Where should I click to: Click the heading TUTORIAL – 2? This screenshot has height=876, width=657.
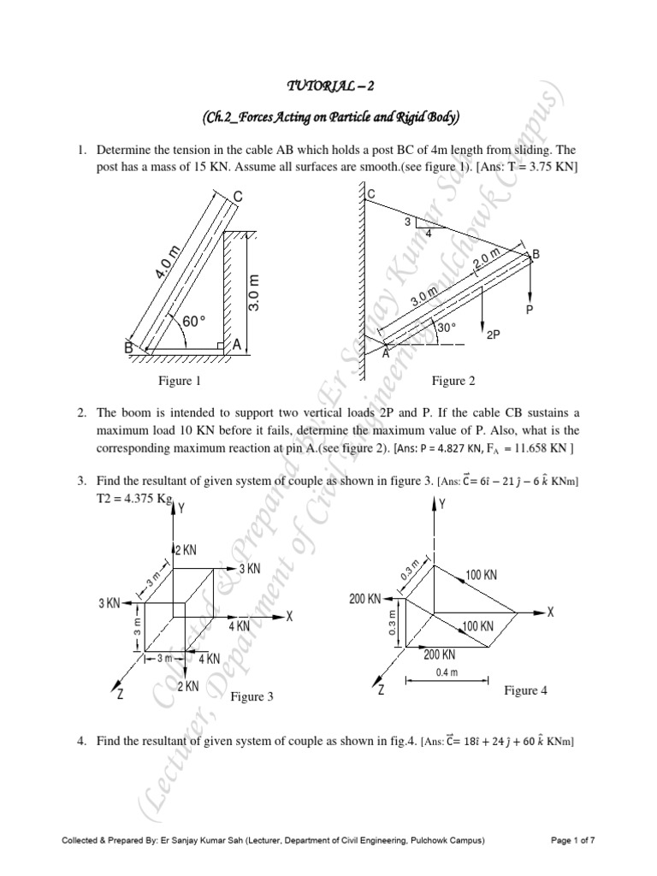(328, 87)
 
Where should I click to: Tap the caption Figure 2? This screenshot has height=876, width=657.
(453, 381)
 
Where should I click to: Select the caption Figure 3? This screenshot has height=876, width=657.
(252, 697)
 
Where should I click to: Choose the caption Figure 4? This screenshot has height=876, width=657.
(525, 690)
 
